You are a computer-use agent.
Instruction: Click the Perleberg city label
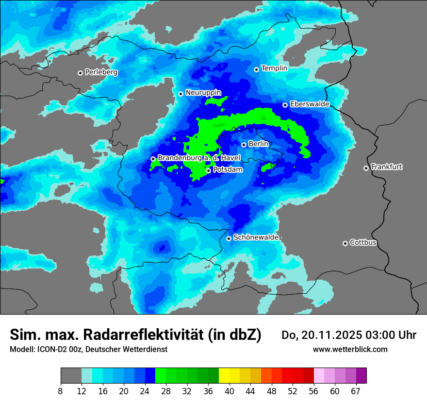pyautogui.click(x=101, y=72)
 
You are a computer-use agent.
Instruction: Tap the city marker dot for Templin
pyautogui.click(x=256, y=69)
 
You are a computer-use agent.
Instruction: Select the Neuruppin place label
pyautogui.click(x=203, y=93)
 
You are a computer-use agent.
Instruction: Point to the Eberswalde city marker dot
pyautogui.click(x=285, y=105)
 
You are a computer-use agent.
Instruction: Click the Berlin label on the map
pyautogui.click(x=258, y=144)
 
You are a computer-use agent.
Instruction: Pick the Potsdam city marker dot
pyautogui.click(x=208, y=170)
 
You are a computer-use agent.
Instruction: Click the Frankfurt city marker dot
pyautogui.click(x=366, y=168)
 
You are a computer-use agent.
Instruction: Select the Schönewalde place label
pyautogui.click(x=256, y=237)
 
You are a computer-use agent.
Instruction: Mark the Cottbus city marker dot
pyautogui.click(x=345, y=243)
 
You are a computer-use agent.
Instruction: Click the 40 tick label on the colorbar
pyautogui.click(x=230, y=391)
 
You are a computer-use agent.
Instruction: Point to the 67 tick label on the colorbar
pyautogui.click(x=356, y=391)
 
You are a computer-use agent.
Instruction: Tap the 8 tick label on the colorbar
pyautogui.click(x=61, y=391)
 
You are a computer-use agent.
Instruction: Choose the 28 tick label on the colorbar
pyautogui.click(x=166, y=391)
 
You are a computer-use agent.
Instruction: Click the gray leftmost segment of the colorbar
pyautogui.click(x=71, y=376)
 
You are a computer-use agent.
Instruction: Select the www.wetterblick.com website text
pyautogui.click(x=350, y=349)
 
